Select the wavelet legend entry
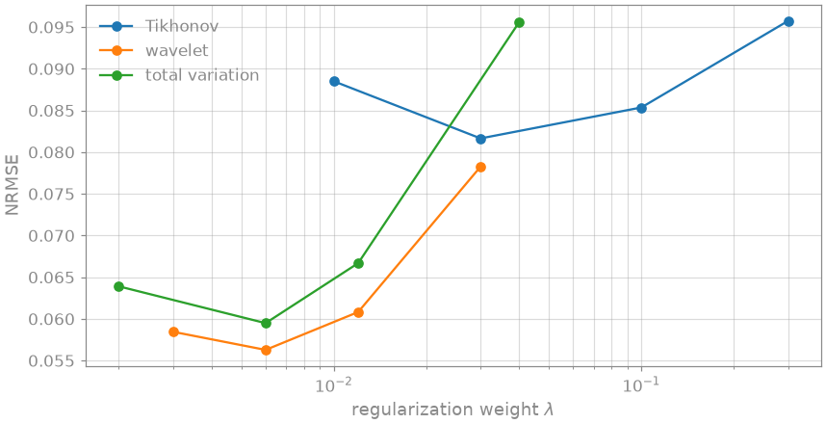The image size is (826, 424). (x=177, y=51)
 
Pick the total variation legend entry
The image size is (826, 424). (x=202, y=75)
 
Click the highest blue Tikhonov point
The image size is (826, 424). (x=788, y=21)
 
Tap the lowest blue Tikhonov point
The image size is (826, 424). (x=480, y=139)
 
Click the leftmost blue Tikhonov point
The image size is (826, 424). (x=334, y=81)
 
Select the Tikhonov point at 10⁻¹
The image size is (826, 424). (x=641, y=108)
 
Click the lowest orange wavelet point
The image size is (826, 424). (x=266, y=350)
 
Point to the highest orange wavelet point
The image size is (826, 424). (x=480, y=167)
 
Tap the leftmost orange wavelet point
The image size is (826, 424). (x=174, y=331)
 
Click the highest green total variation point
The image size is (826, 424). (x=520, y=23)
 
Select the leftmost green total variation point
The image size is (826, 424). (x=118, y=286)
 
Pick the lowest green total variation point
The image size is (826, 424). (x=266, y=323)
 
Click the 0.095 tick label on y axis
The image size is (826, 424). (x=52, y=27)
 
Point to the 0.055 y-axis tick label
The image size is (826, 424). (x=52, y=361)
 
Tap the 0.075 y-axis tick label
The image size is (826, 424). (x=52, y=194)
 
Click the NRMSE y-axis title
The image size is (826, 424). (x=13, y=185)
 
